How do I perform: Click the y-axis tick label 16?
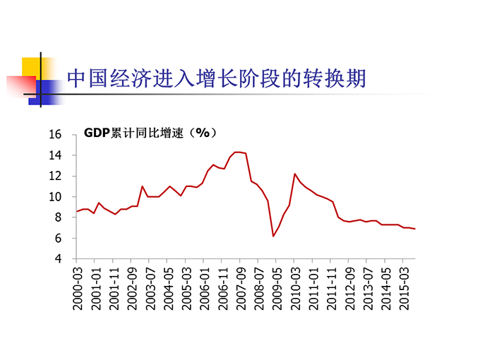click(57, 135)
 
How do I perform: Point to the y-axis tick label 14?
click(57, 155)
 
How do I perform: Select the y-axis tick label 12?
click(57, 176)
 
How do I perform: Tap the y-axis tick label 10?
click(57, 197)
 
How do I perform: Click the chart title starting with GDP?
click(150, 132)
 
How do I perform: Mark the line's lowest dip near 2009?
click(273, 236)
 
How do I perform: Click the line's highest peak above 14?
click(239, 152)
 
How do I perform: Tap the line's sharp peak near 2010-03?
click(294, 174)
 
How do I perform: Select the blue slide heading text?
click(216, 78)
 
